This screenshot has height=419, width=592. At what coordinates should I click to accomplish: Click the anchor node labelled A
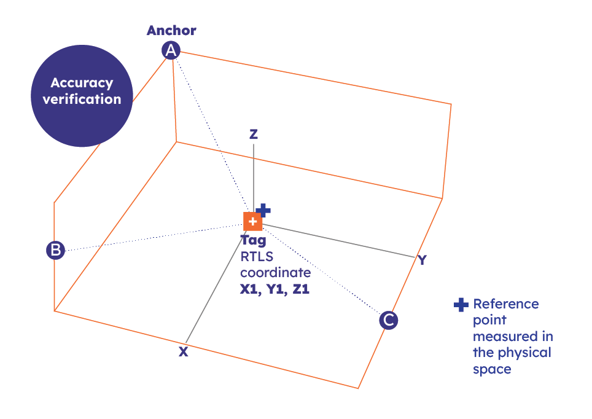point(171,50)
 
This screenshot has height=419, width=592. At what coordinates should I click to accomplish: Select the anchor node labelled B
point(55,250)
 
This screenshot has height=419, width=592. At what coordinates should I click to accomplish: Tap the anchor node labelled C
point(388,320)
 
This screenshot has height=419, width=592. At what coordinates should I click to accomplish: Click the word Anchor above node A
point(171,30)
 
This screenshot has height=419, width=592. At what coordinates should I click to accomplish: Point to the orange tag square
point(252,221)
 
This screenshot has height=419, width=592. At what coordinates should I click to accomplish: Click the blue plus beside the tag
point(263,210)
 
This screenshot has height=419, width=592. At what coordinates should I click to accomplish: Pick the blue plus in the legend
point(461,305)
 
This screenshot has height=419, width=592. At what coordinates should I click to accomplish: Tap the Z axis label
point(253,135)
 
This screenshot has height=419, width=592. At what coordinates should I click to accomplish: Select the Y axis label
point(422,260)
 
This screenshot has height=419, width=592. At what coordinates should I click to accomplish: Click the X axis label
point(183,352)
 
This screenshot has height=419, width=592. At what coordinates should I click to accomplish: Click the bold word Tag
point(253,240)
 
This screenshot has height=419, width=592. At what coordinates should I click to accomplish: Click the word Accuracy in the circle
point(82,83)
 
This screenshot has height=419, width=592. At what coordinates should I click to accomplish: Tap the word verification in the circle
point(82,99)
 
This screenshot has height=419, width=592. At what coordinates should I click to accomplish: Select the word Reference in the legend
point(505,304)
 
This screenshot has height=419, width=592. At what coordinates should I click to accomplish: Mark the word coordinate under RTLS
point(275,273)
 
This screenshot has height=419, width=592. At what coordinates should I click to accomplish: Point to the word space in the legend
point(492,369)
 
